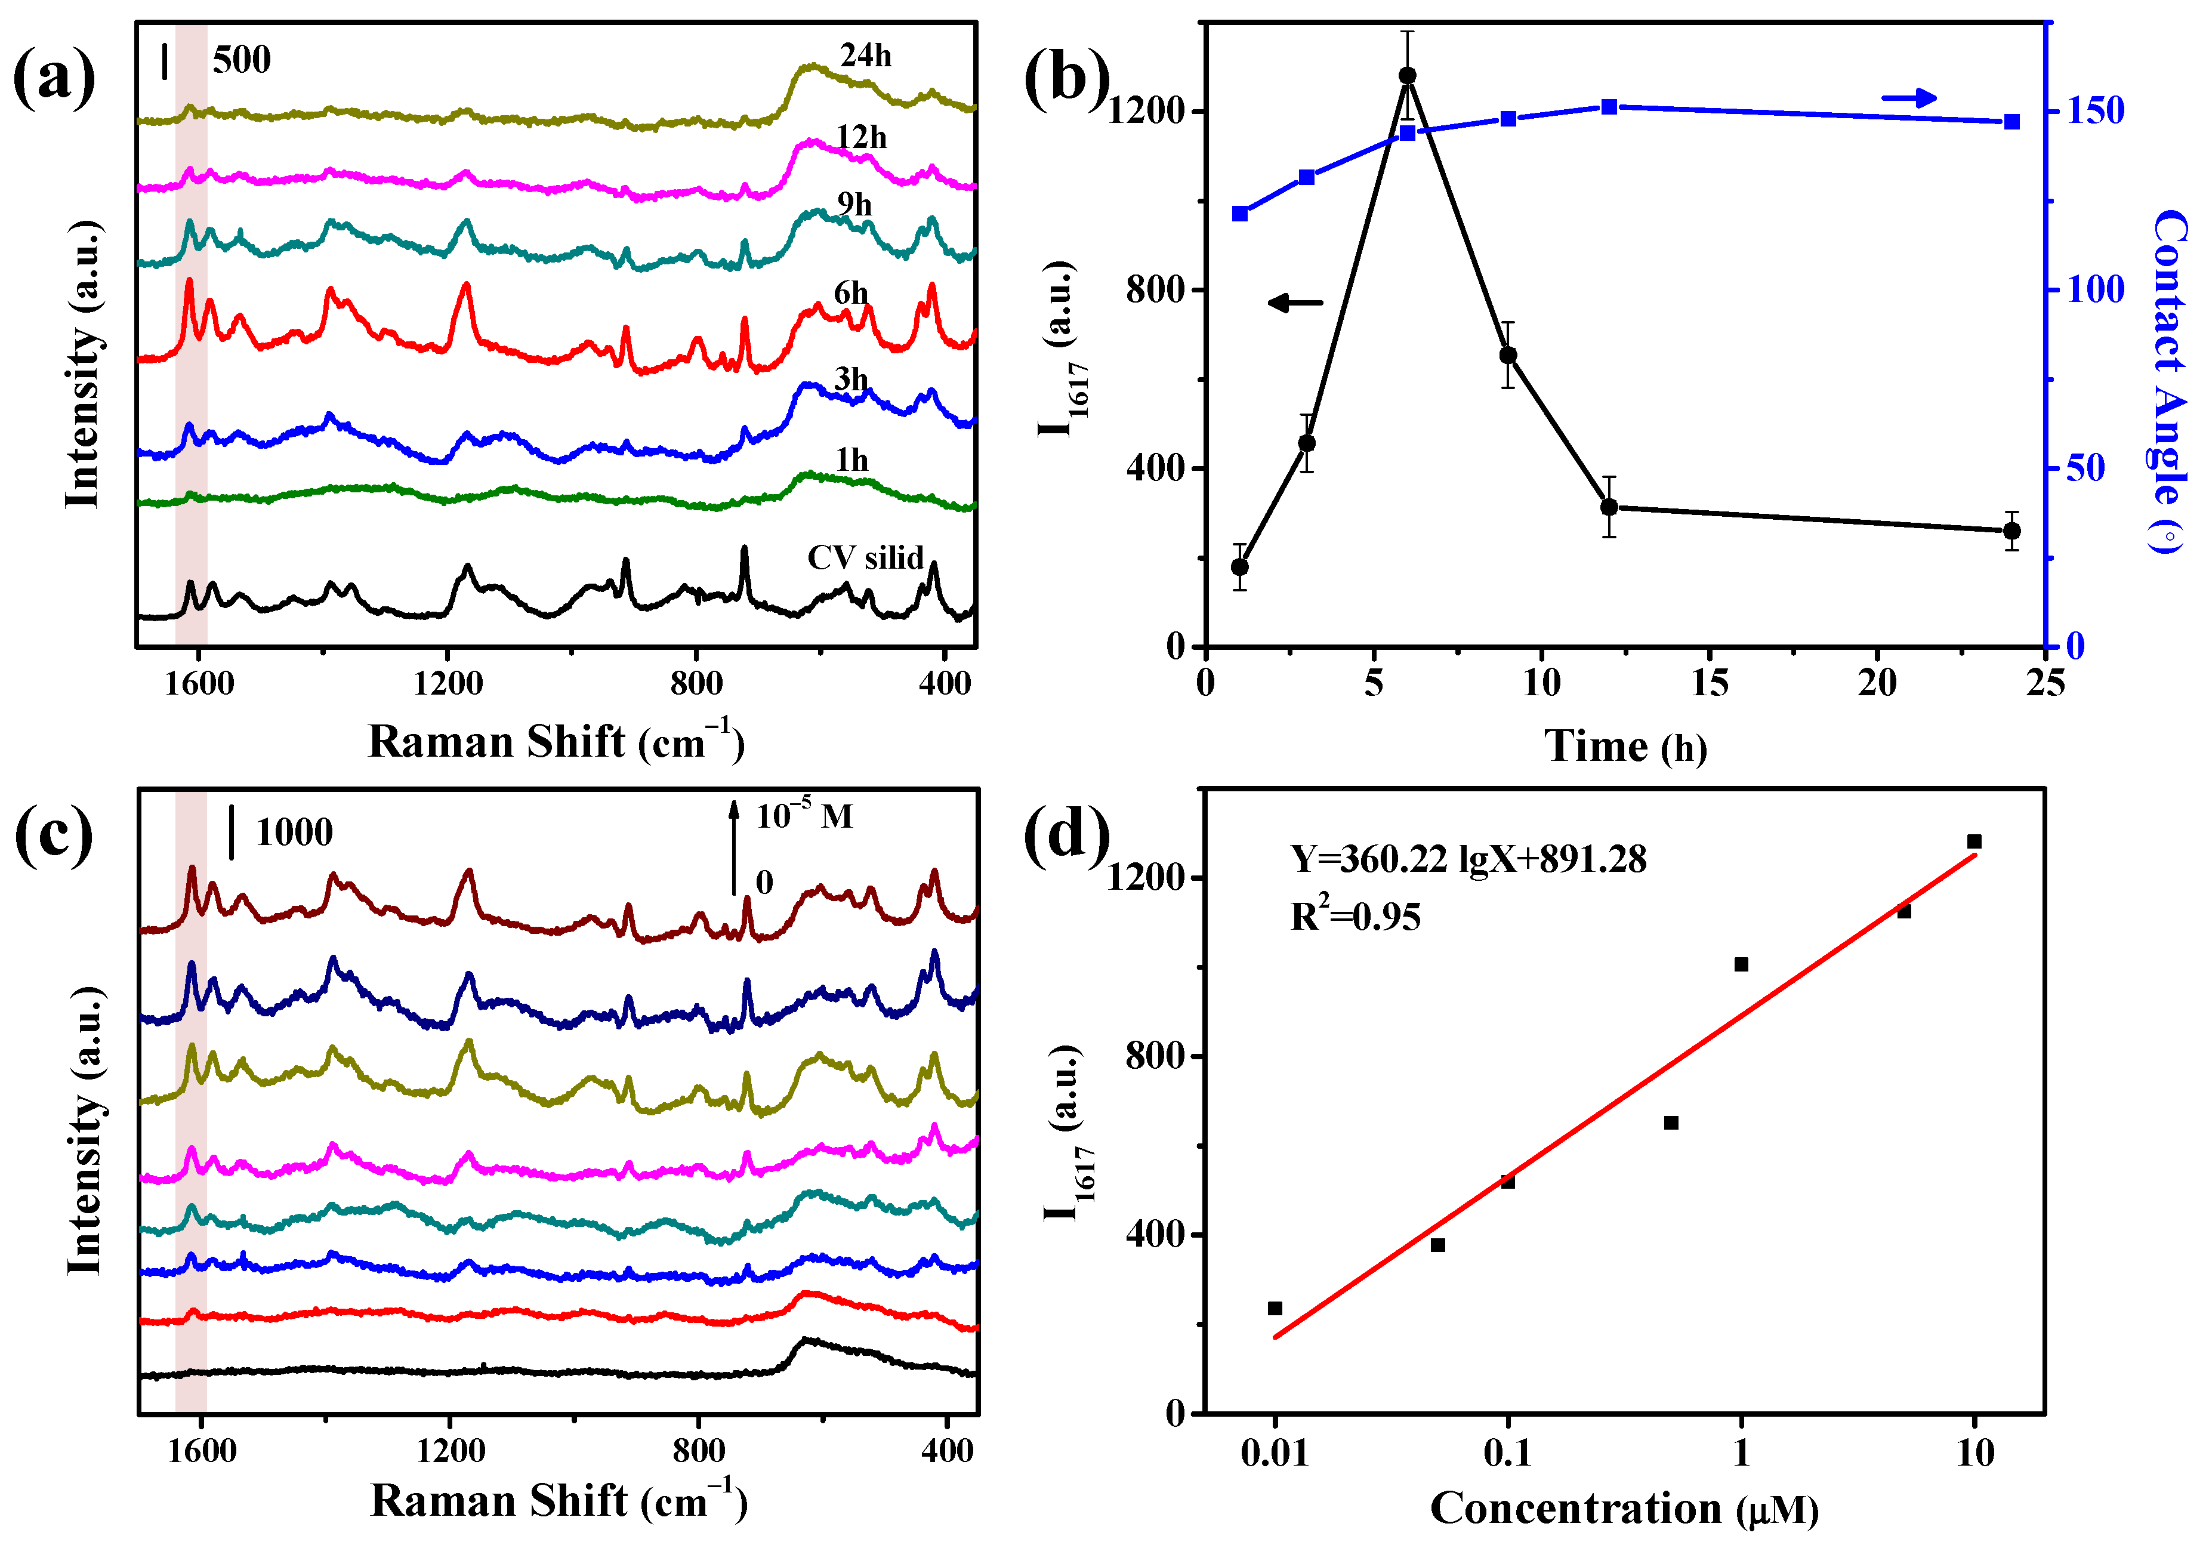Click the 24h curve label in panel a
866,55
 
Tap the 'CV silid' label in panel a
865,557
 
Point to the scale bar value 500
241,60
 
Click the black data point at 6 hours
1408,76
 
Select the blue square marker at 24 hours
2012,122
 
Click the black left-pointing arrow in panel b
1295,303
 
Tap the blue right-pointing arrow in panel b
1908,98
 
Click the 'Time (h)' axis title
1625,747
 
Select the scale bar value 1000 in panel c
294,832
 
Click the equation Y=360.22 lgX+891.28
1468,859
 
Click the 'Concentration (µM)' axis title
1624,1509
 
